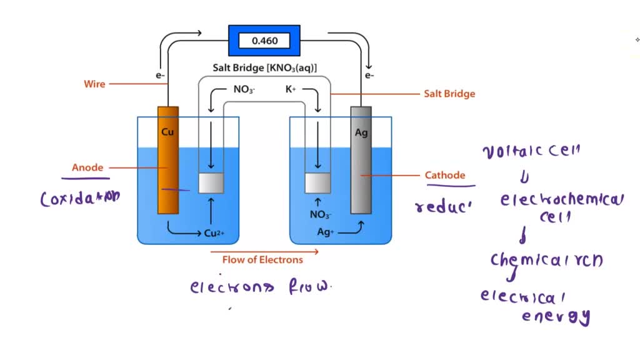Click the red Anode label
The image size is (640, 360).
tap(87, 167)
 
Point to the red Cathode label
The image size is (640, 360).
tap(445, 175)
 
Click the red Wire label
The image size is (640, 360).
tap(95, 84)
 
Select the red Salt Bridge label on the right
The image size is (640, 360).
tap(449, 94)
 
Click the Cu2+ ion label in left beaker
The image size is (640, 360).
tap(214, 234)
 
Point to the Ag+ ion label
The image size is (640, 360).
tap(326, 231)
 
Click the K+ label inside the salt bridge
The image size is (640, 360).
tap(291, 89)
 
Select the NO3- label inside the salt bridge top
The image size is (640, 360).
tap(244, 89)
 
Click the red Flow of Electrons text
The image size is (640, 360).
tap(262, 259)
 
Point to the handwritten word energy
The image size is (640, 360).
tap(556, 316)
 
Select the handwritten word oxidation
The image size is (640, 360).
tap(80, 199)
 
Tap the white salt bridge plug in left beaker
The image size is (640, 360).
tap(211, 182)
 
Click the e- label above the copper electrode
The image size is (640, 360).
tap(161, 76)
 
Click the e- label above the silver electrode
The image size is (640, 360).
tap(369, 76)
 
